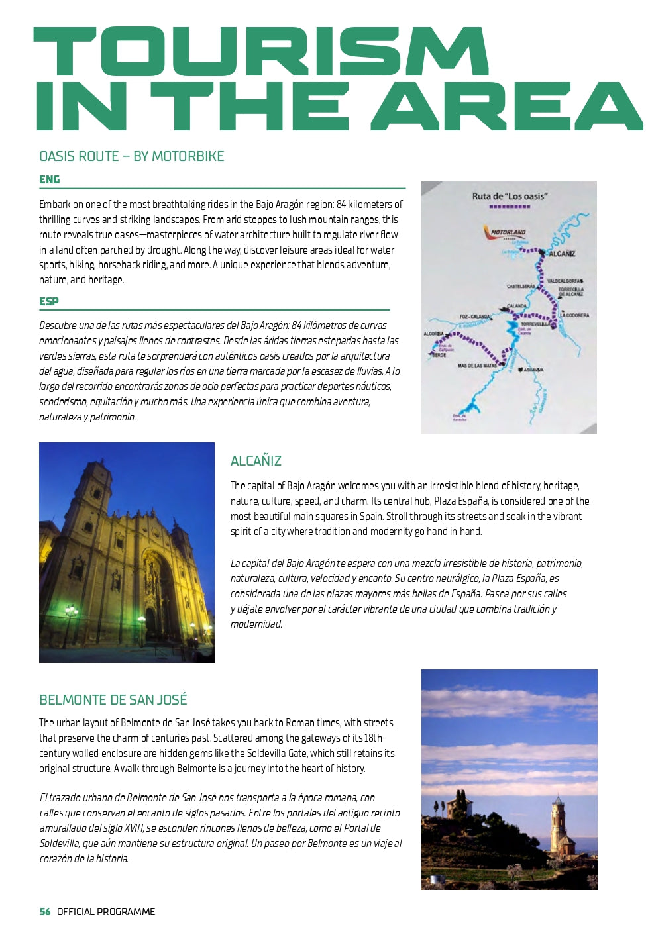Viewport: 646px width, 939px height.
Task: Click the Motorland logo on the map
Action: click(508, 233)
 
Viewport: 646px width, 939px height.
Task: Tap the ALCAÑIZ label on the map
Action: click(561, 254)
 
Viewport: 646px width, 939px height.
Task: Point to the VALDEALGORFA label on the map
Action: click(565, 281)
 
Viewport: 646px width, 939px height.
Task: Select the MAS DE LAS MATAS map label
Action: click(476, 366)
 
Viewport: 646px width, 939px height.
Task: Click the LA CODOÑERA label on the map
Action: click(574, 315)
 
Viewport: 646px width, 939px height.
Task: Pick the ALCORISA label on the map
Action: click(433, 334)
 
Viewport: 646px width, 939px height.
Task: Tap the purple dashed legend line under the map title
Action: click(509, 207)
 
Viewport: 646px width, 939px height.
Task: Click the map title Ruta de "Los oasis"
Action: click(509, 196)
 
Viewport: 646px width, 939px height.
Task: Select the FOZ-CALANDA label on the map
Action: click(474, 317)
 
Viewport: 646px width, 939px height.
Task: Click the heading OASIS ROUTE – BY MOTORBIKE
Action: click(131, 156)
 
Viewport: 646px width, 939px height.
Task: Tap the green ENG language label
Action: click(49, 179)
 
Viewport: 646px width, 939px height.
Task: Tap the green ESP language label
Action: click(48, 301)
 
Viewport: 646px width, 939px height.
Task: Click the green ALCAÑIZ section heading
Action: click(256, 461)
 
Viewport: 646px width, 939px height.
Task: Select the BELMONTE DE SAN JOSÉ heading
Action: click(113, 700)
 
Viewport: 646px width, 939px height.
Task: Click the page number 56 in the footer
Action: click(44, 912)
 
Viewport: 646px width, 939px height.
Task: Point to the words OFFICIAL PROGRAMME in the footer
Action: click(106, 912)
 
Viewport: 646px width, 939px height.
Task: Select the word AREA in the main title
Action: click(507, 107)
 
